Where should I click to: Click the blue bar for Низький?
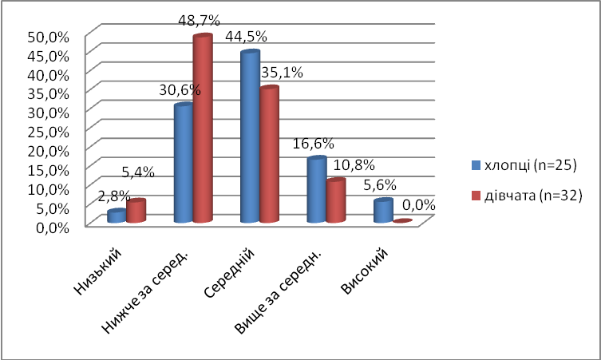tap(117, 216)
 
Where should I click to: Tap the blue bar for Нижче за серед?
tap(184, 164)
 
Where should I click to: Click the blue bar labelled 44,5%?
tap(250, 137)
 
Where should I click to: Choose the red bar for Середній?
tap(269, 155)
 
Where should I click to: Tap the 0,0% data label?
tap(418, 204)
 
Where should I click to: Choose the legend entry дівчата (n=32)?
tap(531, 195)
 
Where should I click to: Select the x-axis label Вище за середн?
tap(280, 288)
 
